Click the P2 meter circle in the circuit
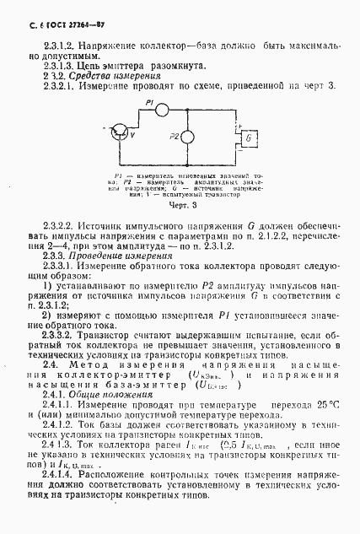tap(190, 136)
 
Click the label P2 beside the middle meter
tap(174, 136)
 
